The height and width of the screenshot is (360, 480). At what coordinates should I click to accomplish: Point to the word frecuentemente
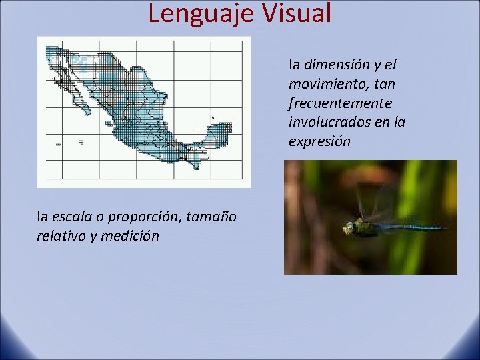pos(340,104)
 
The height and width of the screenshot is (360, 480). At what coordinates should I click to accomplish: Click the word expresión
pos(319,142)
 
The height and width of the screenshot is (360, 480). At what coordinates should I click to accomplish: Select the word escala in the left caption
pos(70,216)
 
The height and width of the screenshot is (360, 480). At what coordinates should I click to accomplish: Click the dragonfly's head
pos(348,229)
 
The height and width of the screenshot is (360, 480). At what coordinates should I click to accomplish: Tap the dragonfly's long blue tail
pos(413,227)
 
